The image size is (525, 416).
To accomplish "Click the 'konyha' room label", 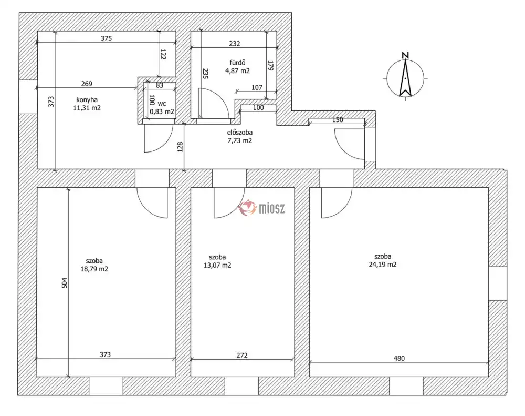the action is click(x=87, y=99).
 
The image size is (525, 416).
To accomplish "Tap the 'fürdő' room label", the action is click(x=237, y=63).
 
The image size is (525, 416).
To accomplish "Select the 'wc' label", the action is click(x=162, y=104).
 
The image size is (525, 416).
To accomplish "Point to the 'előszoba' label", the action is click(x=240, y=133).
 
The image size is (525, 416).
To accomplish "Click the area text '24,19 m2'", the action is click(x=383, y=265).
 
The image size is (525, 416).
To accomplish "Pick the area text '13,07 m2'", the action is click(x=217, y=265).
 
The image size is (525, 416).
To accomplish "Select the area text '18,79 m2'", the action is click(x=94, y=269).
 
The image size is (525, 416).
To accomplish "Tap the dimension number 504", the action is click(x=64, y=282).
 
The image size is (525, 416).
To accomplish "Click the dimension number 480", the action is click(x=399, y=358).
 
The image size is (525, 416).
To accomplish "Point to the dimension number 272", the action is click(x=242, y=356).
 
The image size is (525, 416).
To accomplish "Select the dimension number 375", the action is click(x=106, y=38).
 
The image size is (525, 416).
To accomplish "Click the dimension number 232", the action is click(x=234, y=44).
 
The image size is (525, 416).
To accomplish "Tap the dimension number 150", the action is click(x=338, y=120).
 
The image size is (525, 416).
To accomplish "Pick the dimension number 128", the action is click(x=180, y=147).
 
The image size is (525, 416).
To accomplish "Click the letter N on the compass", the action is click(x=405, y=55).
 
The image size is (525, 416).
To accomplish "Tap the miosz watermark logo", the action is click(x=261, y=208).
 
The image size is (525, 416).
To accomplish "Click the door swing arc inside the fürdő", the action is click(x=219, y=99).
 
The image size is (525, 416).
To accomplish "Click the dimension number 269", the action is click(x=87, y=84).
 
